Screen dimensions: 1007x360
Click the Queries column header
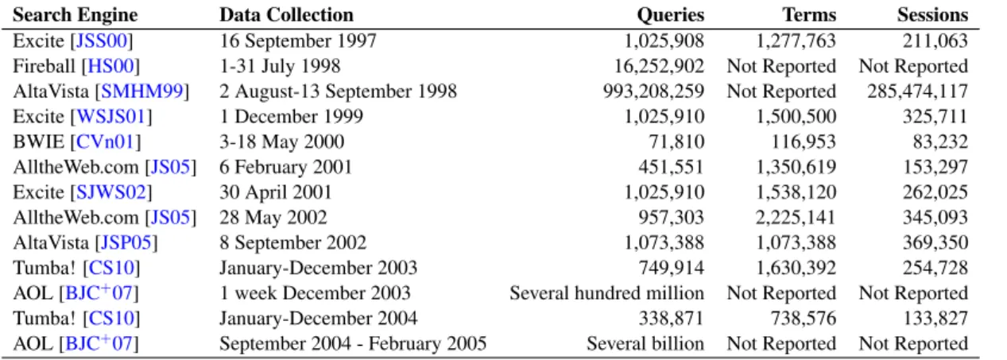click(670, 15)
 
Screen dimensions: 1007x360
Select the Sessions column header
click(933, 15)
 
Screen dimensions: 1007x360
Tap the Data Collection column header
click(286, 15)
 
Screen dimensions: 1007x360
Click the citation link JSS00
click(102, 41)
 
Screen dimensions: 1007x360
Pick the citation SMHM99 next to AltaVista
click(142, 91)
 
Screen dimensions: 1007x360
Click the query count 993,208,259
click(653, 91)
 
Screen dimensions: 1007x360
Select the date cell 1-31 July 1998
click(280, 67)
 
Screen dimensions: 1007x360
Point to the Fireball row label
click(44, 66)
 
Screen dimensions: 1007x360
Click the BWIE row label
click(39, 142)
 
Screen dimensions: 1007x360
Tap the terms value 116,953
click(804, 142)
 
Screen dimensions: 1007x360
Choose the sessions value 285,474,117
click(917, 91)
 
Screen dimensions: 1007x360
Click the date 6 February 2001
click(285, 167)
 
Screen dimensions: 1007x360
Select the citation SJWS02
click(111, 192)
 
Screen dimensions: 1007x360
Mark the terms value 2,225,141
click(796, 218)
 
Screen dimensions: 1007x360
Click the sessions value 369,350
click(935, 242)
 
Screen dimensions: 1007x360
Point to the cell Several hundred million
click(607, 293)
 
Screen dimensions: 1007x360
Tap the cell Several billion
click(645, 344)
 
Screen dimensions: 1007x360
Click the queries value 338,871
click(671, 318)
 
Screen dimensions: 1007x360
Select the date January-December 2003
click(318, 268)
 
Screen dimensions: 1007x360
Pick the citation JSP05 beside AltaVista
click(126, 242)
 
